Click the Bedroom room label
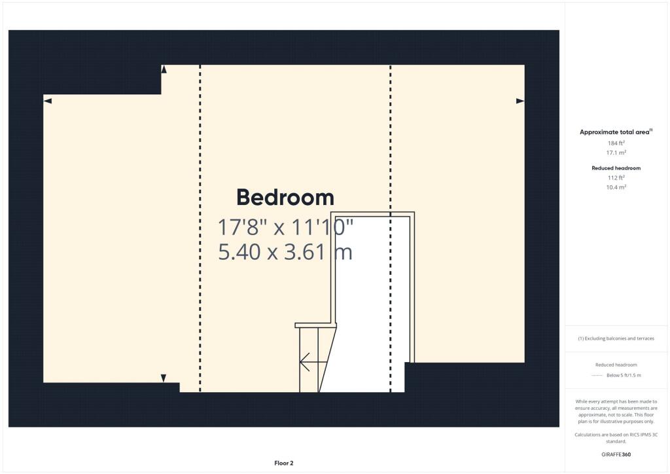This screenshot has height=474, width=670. coord(285,198)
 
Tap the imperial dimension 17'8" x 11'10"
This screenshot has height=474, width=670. coord(285,228)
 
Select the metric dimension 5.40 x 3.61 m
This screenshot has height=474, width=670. coord(285,252)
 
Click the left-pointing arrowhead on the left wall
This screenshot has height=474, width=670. coord(48,100)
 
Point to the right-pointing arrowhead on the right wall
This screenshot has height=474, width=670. coord(520,101)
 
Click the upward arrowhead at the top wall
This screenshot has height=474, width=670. coord(164,69)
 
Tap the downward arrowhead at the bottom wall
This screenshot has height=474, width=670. coord(164,378)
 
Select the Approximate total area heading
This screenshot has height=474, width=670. coord(616,132)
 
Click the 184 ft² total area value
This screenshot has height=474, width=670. coord(616,143)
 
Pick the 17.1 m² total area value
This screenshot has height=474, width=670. coord(616,153)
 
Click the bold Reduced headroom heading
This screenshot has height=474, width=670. coord(616,168)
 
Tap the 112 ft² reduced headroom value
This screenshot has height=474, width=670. coord(616,177)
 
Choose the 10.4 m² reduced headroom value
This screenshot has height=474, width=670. coord(616,187)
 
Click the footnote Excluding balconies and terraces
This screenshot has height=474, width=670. coord(616,338)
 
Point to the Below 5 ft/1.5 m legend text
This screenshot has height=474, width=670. coord(624,375)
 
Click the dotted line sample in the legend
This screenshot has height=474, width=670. coord(596,375)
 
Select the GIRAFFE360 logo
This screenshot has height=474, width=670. coord(616,454)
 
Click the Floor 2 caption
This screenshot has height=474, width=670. coord(283,464)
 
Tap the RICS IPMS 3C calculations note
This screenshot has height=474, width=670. coord(616,437)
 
